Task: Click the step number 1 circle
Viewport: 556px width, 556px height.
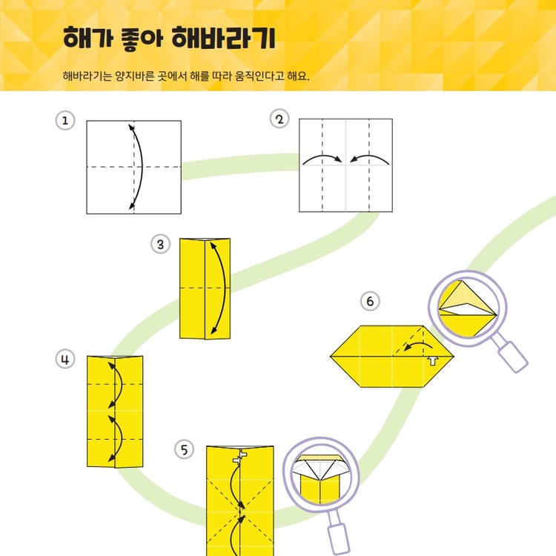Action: pos(66,121)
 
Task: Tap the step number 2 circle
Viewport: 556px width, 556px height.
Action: pos(279,119)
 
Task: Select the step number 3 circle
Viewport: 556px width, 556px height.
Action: pos(161,244)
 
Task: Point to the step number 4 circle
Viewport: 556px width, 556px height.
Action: pos(66,360)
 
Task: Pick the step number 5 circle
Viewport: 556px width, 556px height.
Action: pos(184,449)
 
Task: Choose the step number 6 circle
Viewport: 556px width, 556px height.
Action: pos(370,301)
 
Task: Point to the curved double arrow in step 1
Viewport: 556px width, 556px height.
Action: pos(138,167)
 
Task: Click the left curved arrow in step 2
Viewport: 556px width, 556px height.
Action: pos(321,157)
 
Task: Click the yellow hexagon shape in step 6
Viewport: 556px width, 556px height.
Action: pos(371,357)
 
